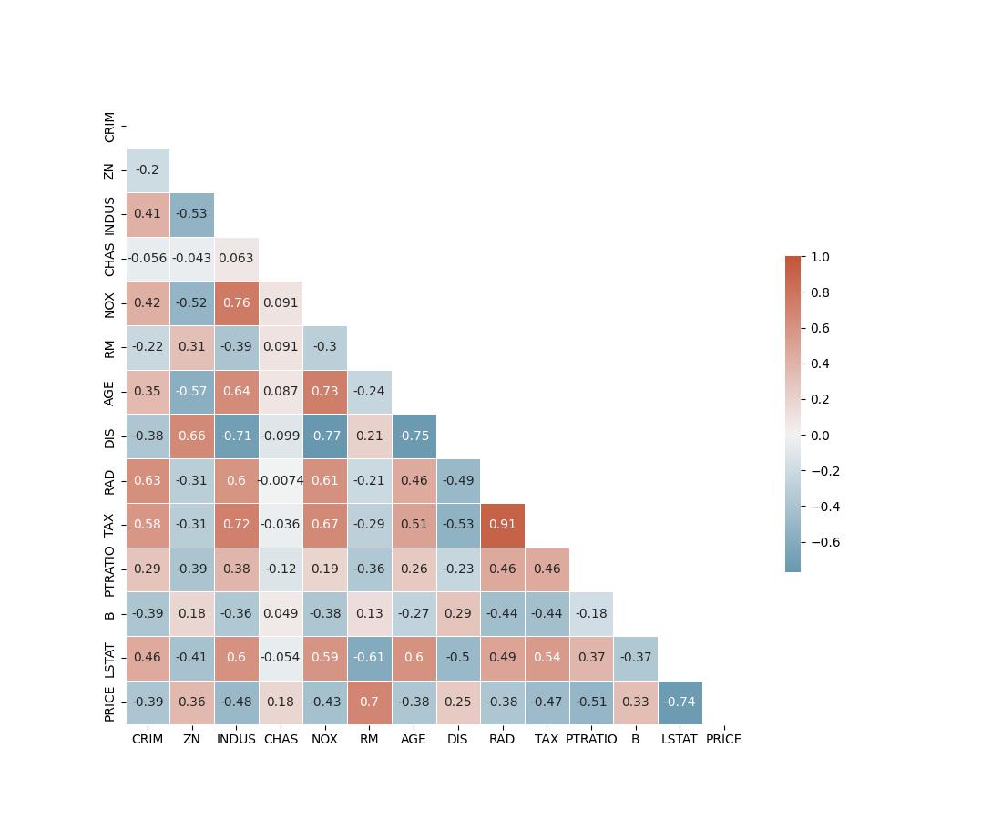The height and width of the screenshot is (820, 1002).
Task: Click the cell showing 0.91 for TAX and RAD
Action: pos(502,525)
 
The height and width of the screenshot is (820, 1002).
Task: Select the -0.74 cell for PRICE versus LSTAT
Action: pos(680,702)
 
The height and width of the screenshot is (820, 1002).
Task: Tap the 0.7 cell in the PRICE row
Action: pos(369,702)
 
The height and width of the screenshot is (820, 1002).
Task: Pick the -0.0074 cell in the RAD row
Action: pos(281,480)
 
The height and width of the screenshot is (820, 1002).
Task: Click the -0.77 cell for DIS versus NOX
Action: pos(324,436)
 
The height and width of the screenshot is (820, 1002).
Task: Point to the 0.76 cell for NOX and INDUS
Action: pos(236,302)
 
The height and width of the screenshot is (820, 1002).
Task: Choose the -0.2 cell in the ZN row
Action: pos(148,169)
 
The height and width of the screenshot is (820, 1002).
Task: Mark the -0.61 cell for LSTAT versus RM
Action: pos(369,658)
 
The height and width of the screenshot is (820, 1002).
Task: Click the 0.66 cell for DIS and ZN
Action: pos(191,436)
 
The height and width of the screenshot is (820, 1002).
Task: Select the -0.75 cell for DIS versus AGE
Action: pos(414,436)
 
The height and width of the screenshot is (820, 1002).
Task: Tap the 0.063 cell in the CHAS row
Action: pos(236,259)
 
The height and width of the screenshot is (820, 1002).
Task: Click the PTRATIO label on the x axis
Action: pos(591,739)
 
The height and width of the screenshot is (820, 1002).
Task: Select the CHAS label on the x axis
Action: pos(281,739)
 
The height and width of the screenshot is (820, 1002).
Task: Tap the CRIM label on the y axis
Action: pos(110,127)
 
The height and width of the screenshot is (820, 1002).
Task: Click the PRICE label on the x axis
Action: pos(723,739)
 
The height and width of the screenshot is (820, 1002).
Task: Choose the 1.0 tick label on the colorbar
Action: pos(820,258)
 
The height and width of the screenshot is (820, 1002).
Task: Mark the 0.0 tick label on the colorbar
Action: pos(820,436)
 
